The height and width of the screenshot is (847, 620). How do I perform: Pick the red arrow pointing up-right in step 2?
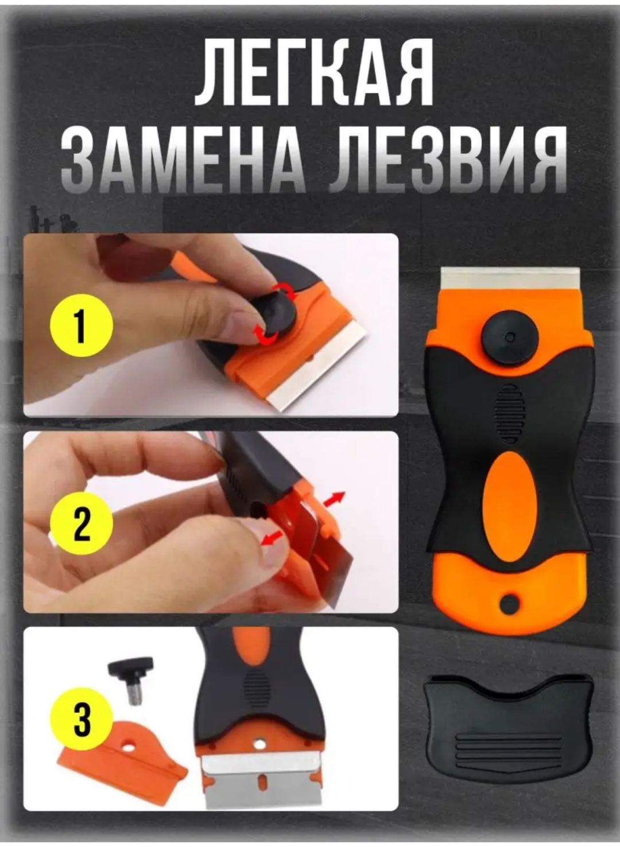tap(335, 498)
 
